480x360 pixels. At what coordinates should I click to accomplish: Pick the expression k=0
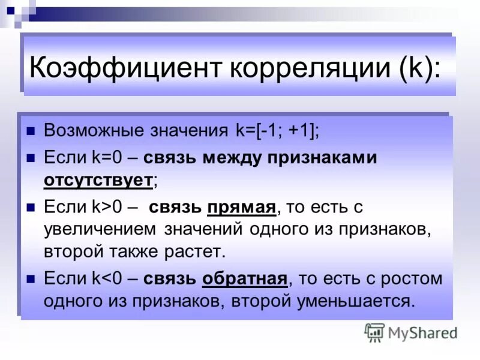(107, 158)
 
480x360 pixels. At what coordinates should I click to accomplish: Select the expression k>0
(107, 208)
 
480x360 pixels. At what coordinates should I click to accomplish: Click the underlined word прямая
(241, 208)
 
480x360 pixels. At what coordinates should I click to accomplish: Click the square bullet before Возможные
(32, 131)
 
